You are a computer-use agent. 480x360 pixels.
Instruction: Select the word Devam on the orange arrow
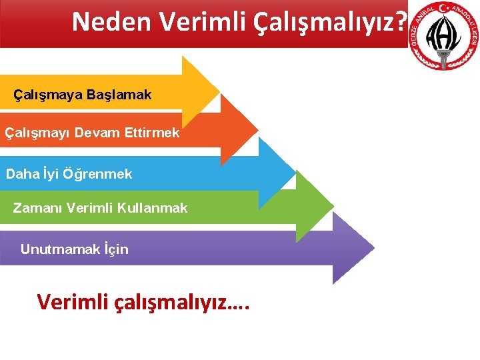98,133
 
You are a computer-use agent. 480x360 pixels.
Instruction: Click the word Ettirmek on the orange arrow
152,133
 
